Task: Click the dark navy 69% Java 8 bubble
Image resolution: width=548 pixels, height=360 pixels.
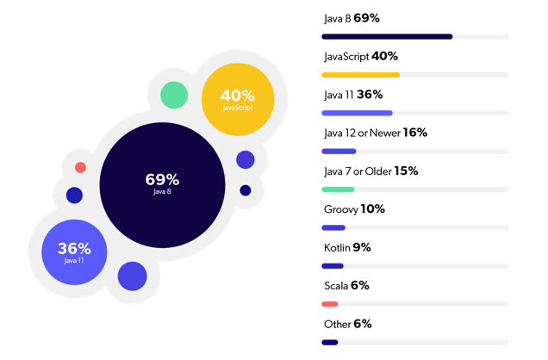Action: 162,184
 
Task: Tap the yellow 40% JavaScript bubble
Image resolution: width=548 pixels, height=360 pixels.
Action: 238,99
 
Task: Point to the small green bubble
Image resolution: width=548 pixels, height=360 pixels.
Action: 174,95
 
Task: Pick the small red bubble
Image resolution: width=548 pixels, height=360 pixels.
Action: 80,168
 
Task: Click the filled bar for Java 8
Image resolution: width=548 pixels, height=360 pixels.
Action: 387,37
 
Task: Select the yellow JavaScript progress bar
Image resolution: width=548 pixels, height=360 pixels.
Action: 360,75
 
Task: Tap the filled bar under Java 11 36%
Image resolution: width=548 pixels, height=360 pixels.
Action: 357,113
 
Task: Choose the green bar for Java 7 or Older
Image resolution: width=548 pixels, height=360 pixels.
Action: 338,189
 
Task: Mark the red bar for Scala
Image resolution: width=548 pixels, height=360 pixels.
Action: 330,304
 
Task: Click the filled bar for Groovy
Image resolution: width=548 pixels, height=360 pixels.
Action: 333,227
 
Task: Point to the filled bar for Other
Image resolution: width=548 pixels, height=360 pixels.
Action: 330,342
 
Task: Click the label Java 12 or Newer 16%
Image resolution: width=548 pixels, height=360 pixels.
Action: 375,133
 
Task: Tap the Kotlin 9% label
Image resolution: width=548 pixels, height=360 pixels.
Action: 347,247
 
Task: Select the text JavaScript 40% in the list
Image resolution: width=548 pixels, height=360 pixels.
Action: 360,56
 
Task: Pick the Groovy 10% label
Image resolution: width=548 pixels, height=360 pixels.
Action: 354,208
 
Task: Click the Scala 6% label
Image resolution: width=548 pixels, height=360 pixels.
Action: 346,285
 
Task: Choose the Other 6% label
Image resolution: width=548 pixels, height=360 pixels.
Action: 348,324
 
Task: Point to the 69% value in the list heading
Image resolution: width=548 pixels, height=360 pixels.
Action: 366,18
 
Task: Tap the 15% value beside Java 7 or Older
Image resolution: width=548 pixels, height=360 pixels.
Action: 406,171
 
